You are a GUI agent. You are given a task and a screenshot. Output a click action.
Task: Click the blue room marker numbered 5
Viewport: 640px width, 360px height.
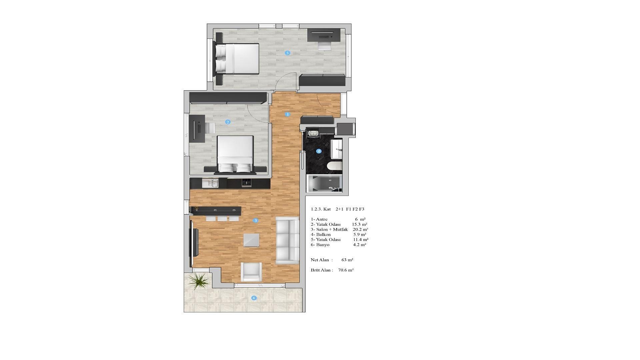(287, 53)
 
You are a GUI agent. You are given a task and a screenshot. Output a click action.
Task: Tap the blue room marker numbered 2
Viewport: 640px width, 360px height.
(228, 122)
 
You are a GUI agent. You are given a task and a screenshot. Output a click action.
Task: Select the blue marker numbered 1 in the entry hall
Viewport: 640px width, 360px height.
(287, 114)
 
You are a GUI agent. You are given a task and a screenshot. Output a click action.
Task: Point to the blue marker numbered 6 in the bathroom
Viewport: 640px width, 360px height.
(319, 151)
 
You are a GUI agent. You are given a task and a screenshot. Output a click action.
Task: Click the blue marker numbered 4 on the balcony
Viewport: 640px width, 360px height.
(254, 298)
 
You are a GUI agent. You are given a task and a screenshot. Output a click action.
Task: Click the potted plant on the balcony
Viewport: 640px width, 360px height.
(199, 281)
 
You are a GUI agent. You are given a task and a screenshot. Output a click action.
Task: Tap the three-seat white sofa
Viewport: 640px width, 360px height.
(288, 240)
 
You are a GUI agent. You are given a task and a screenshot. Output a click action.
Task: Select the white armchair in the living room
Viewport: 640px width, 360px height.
(251, 272)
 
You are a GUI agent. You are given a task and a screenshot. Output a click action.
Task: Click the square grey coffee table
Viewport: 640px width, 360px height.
(251, 240)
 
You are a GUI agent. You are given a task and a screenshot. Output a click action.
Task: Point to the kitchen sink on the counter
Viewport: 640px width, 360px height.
(210, 183)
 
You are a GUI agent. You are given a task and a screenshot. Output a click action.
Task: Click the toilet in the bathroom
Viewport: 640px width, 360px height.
(334, 166)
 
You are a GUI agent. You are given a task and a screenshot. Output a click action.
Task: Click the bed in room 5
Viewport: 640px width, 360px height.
(237, 59)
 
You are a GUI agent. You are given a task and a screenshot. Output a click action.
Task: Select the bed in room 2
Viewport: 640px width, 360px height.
(235, 155)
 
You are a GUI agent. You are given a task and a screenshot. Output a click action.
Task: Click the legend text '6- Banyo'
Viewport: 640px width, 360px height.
(320, 245)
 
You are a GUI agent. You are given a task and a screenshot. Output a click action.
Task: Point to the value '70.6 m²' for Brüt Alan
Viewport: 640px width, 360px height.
(346, 270)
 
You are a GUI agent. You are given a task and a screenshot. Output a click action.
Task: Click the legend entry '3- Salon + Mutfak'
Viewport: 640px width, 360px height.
(329, 229)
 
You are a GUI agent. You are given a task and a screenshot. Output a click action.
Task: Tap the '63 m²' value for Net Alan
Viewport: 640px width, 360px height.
(347, 260)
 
